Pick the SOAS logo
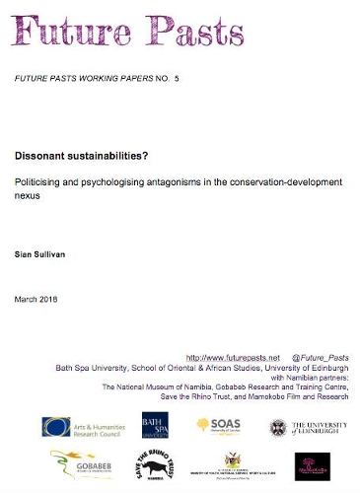[x=218, y=425]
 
